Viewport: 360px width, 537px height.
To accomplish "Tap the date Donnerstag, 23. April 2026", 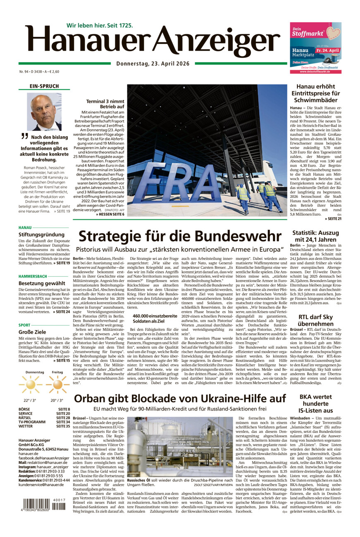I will coord(153,63).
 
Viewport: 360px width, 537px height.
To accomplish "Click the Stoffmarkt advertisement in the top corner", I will coord(315,48).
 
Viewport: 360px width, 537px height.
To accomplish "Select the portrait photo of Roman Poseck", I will coord(44,112).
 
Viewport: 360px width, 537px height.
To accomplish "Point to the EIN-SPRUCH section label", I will coord(44,86).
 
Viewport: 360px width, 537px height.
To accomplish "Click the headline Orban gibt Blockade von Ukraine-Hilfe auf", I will coord(180,399).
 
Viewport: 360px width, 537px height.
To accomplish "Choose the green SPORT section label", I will coord(24,325).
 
